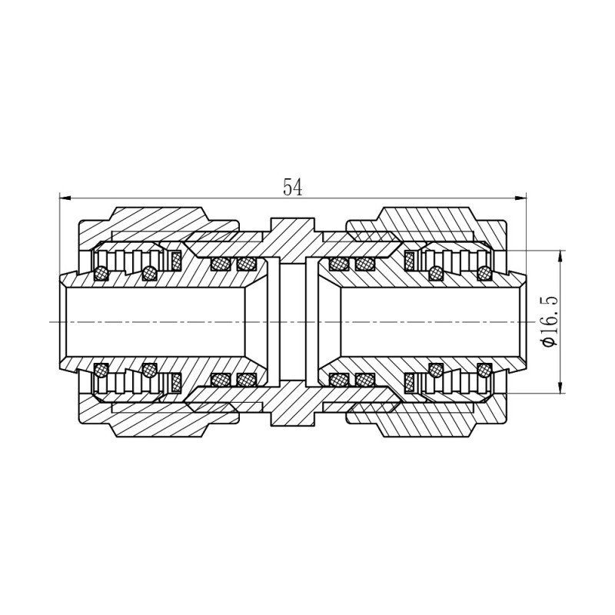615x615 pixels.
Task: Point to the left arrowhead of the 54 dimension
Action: pyautogui.click(x=65, y=198)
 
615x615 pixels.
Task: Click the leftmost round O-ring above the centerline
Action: pyautogui.click(x=101, y=271)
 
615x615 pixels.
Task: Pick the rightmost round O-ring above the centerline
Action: pyautogui.click(x=484, y=271)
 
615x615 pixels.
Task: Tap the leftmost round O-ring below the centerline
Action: pyautogui.click(x=101, y=371)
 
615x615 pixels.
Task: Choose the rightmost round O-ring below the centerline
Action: pyautogui.click(x=484, y=371)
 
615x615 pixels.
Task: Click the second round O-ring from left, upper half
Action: pyautogui.click(x=150, y=271)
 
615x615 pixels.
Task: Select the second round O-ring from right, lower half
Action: pyautogui.click(x=436, y=371)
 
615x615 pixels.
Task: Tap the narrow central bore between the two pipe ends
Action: pyautogui.click(x=292, y=321)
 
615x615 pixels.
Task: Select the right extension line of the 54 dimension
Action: pyautogui.click(x=525, y=231)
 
